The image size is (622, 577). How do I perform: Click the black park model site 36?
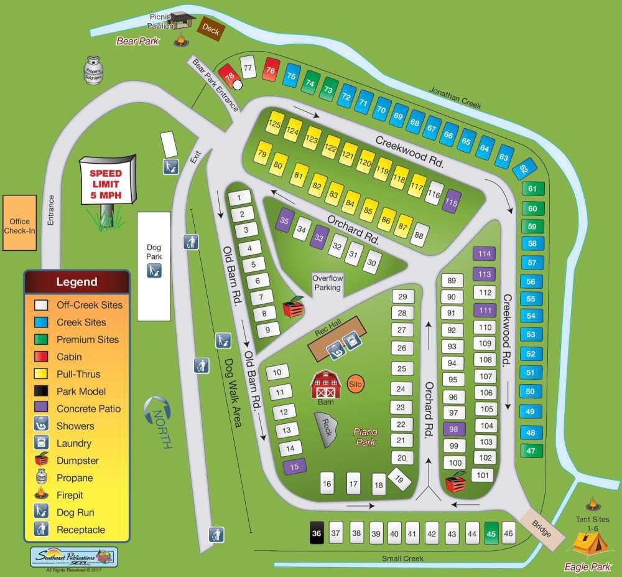click(317, 533)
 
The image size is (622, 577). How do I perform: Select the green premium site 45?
click(491, 533)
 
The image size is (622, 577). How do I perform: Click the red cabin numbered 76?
click(271, 70)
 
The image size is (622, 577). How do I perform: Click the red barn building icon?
click(325, 384)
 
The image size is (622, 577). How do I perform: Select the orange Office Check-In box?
click(20, 222)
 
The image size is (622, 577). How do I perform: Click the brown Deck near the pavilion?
click(210, 29)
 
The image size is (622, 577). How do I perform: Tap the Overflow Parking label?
click(327, 283)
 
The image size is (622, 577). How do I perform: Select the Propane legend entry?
click(75, 478)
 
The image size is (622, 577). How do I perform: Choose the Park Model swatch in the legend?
click(42, 392)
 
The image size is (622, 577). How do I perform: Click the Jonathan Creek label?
click(455, 98)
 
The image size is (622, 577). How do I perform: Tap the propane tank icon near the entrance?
click(93, 69)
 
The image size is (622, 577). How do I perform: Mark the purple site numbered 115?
click(452, 202)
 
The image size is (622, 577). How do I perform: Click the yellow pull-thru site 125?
click(274, 124)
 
